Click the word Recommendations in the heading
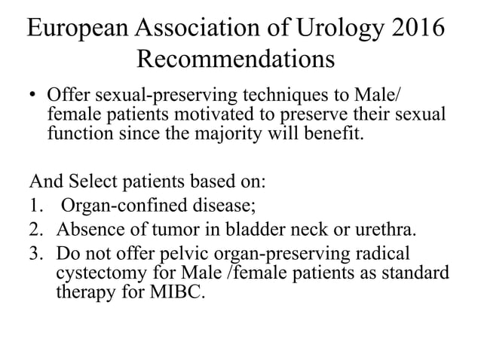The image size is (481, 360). (x=236, y=59)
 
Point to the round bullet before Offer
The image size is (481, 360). (x=34, y=99)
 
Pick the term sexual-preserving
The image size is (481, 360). (x=156, y=99)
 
